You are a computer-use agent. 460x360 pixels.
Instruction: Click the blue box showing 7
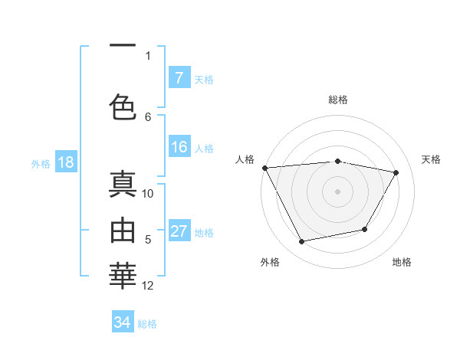pyautogui.click(x=179, y=78)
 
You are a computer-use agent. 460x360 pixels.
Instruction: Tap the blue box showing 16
pyautogui.click(x=179, y=147)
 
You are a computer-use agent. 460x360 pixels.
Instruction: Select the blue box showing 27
pyautogui.click(x=179, y=231)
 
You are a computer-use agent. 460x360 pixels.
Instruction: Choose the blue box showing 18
pyautogui.click(x=65, y=163)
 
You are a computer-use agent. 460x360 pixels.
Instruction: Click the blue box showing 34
pyautogui.click(x=122, y=322)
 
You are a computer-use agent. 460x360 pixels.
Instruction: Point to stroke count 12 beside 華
pyautogui.click(x=148, y=286)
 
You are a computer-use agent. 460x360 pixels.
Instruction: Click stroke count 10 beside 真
pyautogui.click(x=148, y=194)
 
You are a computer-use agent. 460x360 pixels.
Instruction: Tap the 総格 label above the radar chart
pyautogui.click(x=338, y=100)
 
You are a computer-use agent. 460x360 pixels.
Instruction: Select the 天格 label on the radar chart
pyautogui.click(x=432, y=159)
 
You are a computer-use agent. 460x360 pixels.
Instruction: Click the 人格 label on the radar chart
pyautogui.click(x=245, y=159)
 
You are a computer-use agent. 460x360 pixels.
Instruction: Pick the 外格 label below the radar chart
pyautogui.click(x=270, y=263)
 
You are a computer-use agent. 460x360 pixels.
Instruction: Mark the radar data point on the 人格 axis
pyautogui.click(x=264, y=168)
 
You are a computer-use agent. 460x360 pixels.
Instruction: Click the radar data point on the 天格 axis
pyautogui.click(x=396, y=172)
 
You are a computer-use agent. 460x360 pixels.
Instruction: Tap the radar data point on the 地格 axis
pyautogui.click(x=365, y=229)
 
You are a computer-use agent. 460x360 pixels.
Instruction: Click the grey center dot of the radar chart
pyautogui.click(x=338, y=191)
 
